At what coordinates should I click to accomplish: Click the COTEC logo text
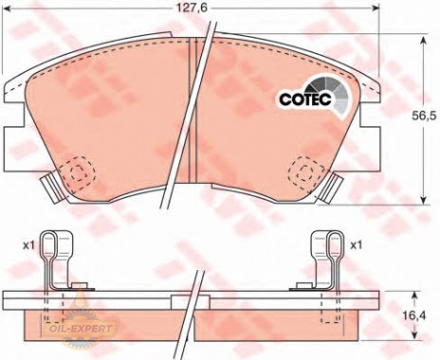click(305, 99)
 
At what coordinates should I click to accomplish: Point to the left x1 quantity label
click(28, 245)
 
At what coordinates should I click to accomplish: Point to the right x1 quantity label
click(356, 245)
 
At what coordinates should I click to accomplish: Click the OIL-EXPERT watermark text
click(79, 329)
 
